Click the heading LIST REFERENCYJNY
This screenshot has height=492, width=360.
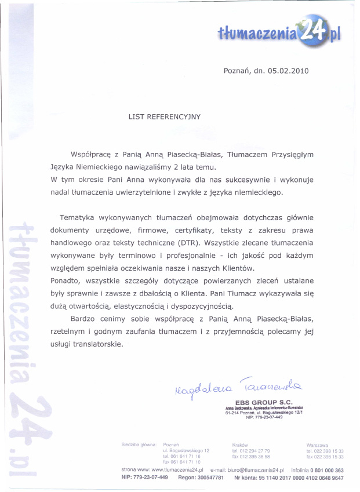(x=164, y=116)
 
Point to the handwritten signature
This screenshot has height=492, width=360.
(x=233, y=386)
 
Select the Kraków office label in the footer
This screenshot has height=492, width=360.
(x=240, y=445)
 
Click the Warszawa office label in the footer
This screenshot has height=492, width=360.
(x=317, y=445)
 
